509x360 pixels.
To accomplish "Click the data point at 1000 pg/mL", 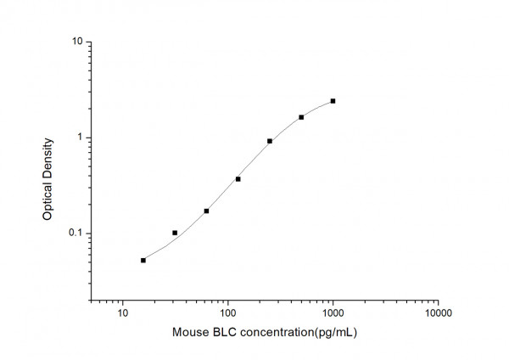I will coord(333,101).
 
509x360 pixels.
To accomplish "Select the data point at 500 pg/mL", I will coord(301,117).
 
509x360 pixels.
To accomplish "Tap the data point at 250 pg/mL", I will coord(270,141).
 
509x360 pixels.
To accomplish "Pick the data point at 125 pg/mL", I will coord(238,179).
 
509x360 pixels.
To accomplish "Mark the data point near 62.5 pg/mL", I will coord(206,211).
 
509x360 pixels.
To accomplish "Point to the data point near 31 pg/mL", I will coord(175,233).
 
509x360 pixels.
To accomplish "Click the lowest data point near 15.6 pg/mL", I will coord(143,260).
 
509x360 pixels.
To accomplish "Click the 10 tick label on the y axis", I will coord(76,42).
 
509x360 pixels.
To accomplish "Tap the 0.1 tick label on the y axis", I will coord(75,233).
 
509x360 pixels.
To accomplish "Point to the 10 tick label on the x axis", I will coord(123,314).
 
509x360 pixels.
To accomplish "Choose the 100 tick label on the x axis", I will coord(227,314).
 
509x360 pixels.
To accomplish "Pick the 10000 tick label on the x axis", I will coord(438,314).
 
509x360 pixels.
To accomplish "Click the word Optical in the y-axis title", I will coord(48,201).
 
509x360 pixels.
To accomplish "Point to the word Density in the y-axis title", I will coord(48,157).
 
